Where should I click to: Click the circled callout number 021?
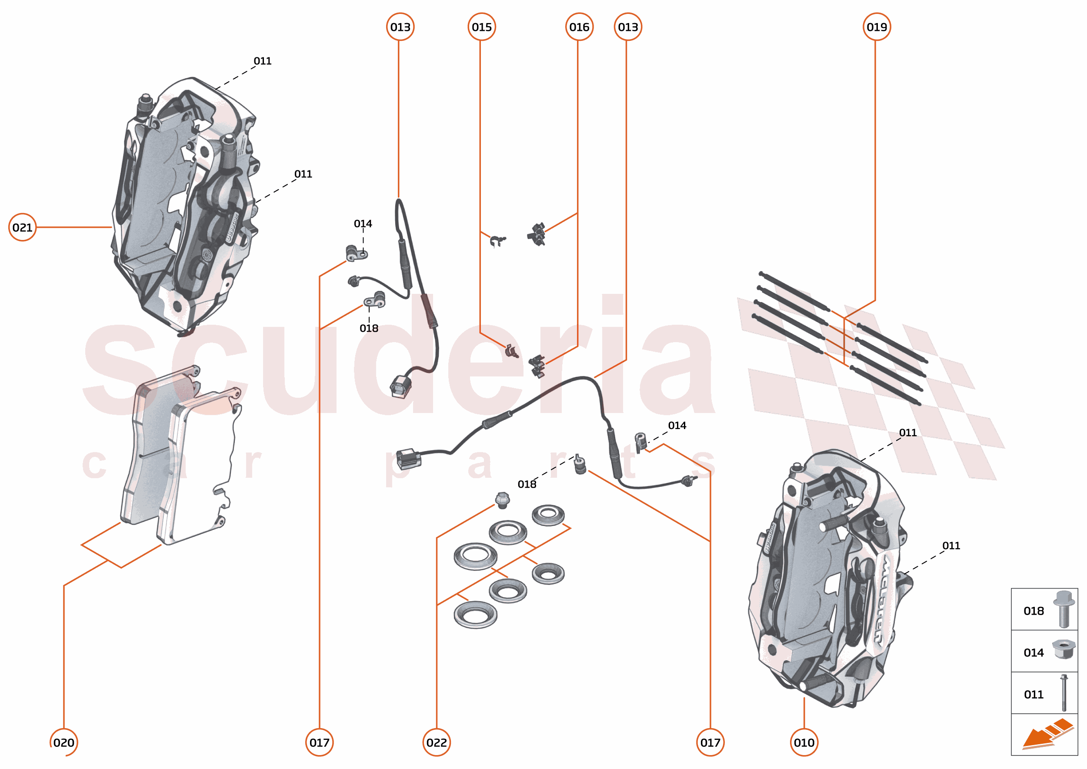tap(22, 227)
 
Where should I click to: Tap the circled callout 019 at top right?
tap(876, 27)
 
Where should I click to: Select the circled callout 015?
tap(481, 27)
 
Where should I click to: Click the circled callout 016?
tap(579, 27)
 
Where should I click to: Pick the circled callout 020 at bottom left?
tap(63, 742)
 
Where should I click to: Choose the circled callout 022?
tap(436, 742)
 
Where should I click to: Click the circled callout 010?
tap(804, 742)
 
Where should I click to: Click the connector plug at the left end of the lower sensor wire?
tap(408, 458)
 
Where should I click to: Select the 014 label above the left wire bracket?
tap(363, 223)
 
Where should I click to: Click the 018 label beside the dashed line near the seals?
tap(527, 484)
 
